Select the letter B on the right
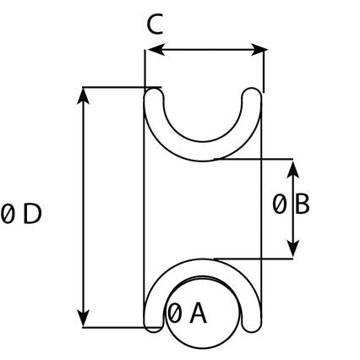[302, 204]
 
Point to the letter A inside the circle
[197, 314]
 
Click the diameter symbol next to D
[8, 215]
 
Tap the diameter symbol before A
[175, 314]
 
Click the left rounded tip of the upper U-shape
[154, 95]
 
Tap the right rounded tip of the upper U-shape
[252, 95]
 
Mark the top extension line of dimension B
[254, 158]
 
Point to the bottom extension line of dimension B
[254, 258]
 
